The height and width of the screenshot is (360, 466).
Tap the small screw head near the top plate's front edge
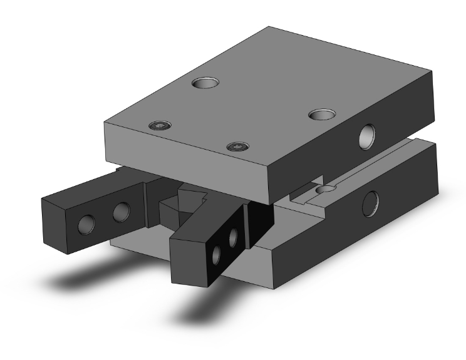pos(237,147)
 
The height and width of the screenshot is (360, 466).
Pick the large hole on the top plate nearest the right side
pos(322,115)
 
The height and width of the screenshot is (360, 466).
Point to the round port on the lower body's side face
pos(372,201)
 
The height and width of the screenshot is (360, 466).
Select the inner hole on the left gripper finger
pos(121,213)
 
